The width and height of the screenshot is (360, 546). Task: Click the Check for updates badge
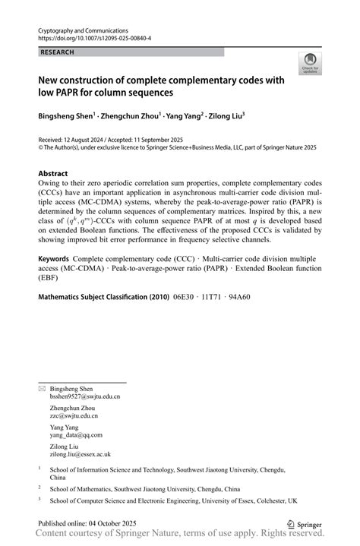click(309, 63)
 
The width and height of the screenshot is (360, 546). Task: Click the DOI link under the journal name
click(94, 37)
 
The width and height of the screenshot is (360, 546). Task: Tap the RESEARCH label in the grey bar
click(58, 52)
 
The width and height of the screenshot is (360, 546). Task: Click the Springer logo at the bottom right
click(305, 523)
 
